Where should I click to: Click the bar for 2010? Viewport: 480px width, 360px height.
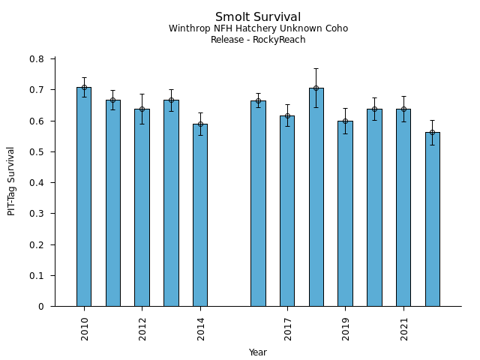click(x=84, y=196)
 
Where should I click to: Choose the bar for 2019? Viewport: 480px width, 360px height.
click(x=345, y=214)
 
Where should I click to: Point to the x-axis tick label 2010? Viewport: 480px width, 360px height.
click(x=85, y=328)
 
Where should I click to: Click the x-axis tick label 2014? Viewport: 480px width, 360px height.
click(x=201, y=328)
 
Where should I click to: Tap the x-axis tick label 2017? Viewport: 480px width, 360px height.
click(x=288, y=328)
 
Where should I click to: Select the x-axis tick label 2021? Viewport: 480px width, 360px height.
click(x=404, y=328)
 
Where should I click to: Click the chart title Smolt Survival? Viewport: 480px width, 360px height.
click(x=258, y=17)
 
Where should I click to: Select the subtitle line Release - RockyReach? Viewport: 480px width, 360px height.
click(x=258, y=40)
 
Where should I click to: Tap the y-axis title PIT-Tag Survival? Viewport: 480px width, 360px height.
click(x=11, y=181)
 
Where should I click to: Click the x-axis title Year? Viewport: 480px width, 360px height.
click(x=258, y=352)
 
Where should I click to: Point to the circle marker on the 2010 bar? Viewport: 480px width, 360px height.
click(x=84, y=87)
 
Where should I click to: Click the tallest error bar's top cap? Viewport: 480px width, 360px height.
click(x=316, y=68)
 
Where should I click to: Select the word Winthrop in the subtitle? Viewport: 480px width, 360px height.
click(x=188, y=28)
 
